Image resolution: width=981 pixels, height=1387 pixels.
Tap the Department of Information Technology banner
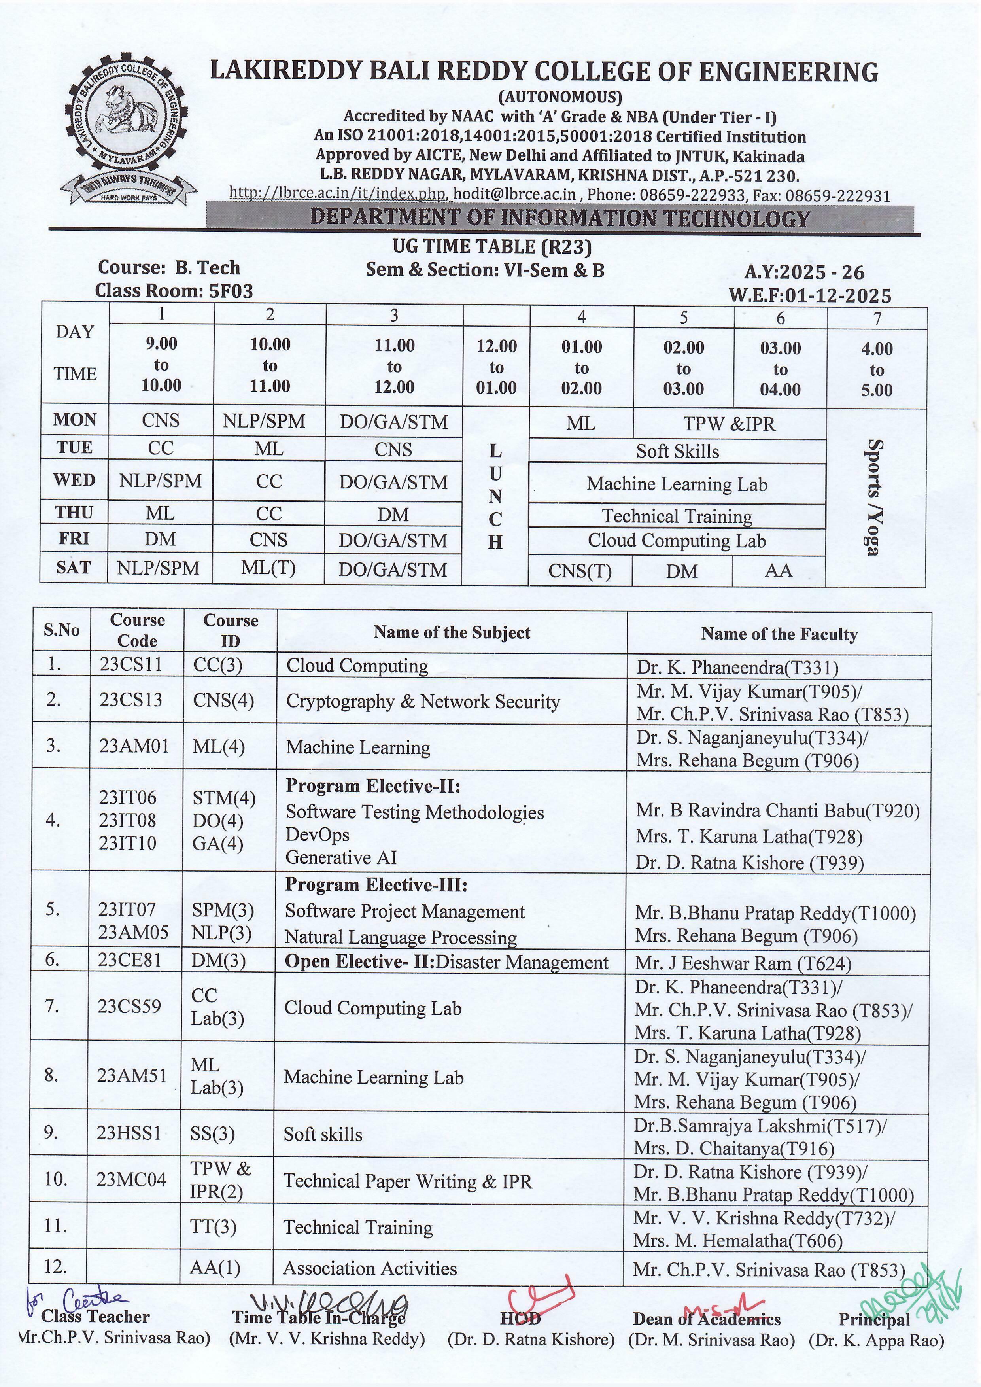tap(559, 218)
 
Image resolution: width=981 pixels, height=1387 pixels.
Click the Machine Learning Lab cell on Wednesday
tap(677, 484)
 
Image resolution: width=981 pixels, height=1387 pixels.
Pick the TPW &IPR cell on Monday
tap(729, 424)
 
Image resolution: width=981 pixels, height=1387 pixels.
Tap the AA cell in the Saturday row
tap(778, 570)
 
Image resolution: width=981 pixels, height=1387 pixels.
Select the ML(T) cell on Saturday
tap(268, 568)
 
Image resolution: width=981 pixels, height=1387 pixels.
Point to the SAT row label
tap(74, 568)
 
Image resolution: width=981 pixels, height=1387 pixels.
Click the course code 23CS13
tap(131, 700)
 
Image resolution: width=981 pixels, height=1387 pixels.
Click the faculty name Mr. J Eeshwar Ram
tap(743, 963)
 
